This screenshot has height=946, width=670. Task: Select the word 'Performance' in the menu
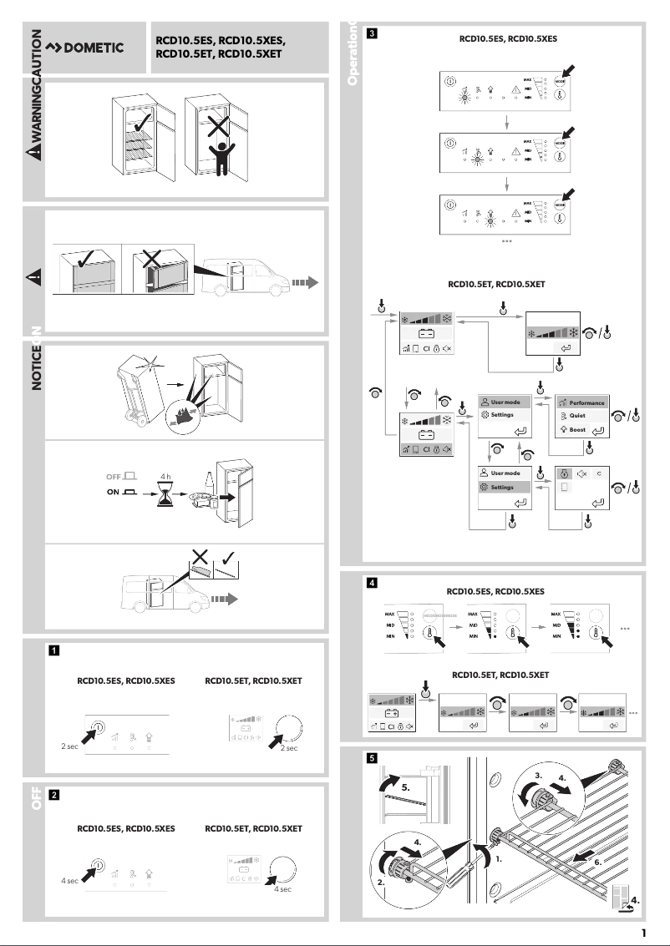point(586,402)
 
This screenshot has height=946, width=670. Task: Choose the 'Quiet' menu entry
point(576,416)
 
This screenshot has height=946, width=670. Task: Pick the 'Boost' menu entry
point(577,429)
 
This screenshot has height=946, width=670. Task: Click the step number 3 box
point(372,34)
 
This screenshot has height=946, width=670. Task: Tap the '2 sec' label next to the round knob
point(289,748)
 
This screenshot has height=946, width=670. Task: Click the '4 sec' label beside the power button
point(69,880)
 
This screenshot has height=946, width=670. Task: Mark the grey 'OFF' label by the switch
point(114,477)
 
